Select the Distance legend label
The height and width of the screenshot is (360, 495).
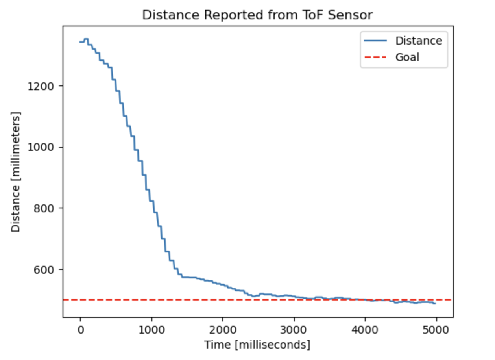[419, 41]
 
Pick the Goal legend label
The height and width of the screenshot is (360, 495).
[407, 58]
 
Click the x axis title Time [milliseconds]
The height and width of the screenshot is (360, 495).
[257, 345]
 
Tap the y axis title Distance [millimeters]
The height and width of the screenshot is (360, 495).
[16, 172]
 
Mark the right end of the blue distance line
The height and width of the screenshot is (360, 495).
[435, 303]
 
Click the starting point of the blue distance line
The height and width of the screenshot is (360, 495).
[80, 42]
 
